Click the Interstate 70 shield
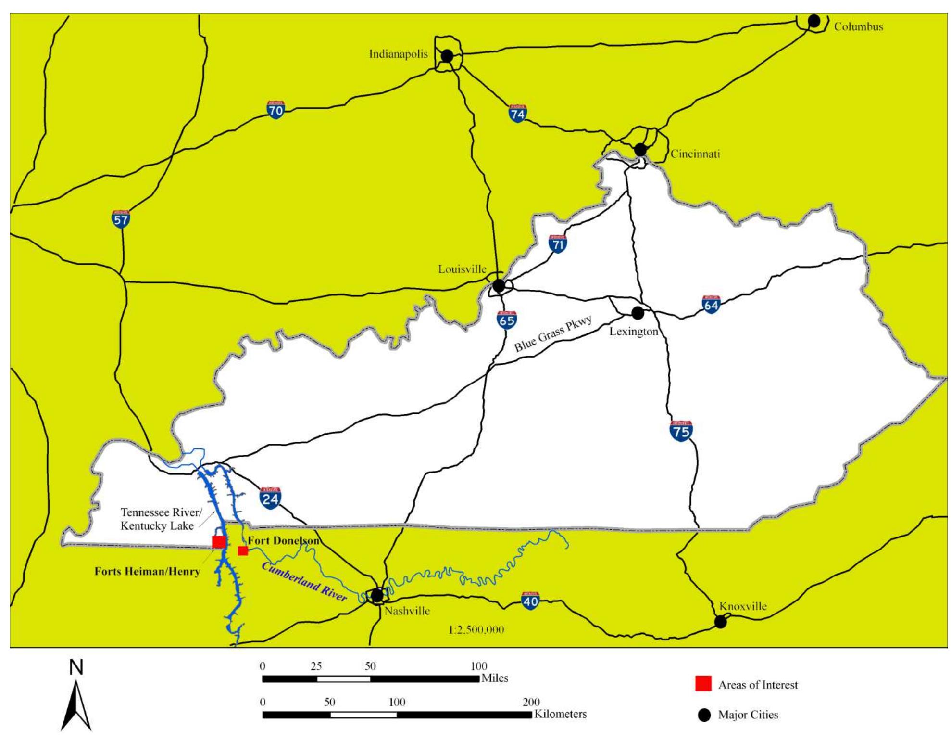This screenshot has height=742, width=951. pos(275,110)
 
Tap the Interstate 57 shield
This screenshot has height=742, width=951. pos(121,219)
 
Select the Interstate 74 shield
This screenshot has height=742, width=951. pos(517,113)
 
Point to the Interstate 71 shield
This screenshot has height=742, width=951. pos(558,244)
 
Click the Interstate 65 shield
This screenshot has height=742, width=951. pos(507,320)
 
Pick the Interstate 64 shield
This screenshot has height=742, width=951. pos(711,304)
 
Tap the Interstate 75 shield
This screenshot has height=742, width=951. pos(681,431)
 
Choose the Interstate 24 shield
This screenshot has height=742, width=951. pos(270,498)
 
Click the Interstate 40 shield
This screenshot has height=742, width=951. pos(530,601)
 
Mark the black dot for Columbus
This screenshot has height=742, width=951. pos(814,21)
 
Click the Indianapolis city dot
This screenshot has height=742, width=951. pos(447,56)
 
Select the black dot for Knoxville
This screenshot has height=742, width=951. pos(720,622)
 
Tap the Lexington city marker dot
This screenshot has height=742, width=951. pos(638,313)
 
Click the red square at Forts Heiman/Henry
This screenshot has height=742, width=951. pos(219,542)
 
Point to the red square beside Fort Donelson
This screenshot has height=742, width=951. pos(243,550)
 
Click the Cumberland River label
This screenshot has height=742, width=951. pos(304,581)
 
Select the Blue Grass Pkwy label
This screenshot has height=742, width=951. pos(553,334)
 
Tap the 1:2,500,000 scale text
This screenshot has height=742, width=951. pos(476,630)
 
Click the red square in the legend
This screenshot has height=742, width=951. pos(703,684)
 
